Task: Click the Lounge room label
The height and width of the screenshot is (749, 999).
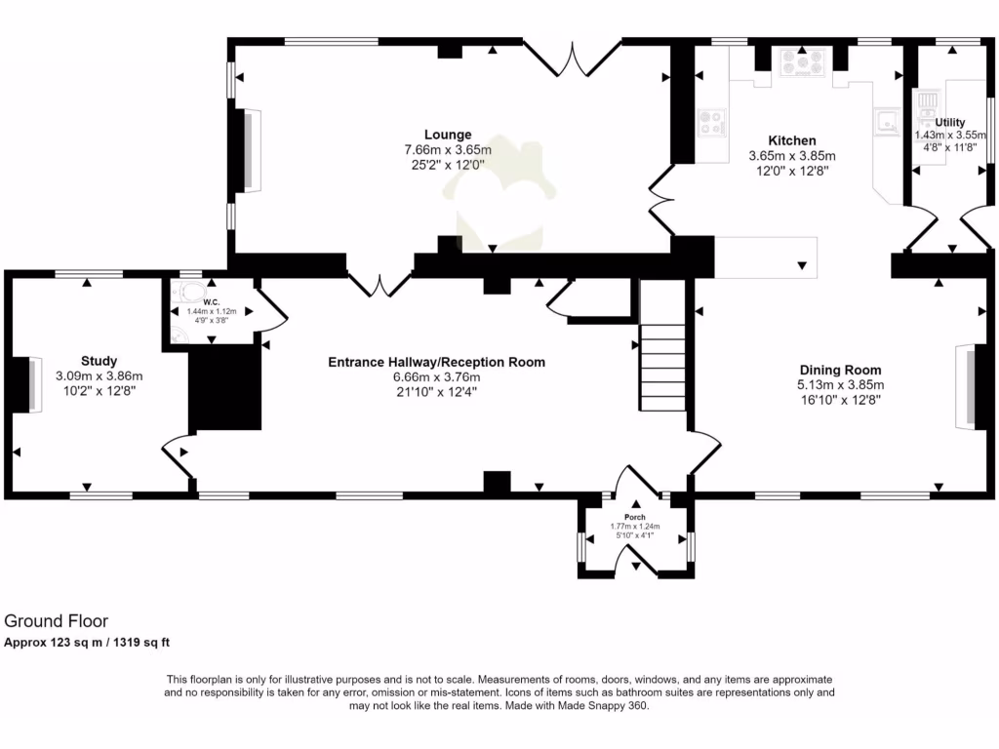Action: click(448, 135)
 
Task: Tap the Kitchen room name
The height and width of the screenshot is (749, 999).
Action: click(791, 140)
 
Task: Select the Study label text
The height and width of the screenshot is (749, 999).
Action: click(99, 361)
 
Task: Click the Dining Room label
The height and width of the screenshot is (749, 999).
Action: click(840, 370)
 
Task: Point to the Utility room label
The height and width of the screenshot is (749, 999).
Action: click(950, 122)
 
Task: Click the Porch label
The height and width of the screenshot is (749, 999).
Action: click(635, 517)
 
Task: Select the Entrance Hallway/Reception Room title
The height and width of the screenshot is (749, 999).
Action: click(436, 362)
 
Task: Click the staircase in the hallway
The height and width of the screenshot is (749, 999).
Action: click(663, 366)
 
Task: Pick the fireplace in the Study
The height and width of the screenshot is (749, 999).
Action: click(32, 385)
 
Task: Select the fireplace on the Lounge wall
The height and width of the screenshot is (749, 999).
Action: click(253, 149)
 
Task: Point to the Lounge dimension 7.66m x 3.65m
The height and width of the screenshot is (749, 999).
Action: click(448, 150)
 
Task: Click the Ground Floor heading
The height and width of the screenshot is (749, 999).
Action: click(57, 620)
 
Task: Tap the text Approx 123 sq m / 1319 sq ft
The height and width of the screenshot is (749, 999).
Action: click(88, 642)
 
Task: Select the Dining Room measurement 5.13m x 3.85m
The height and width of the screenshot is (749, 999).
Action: click(840, 385)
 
